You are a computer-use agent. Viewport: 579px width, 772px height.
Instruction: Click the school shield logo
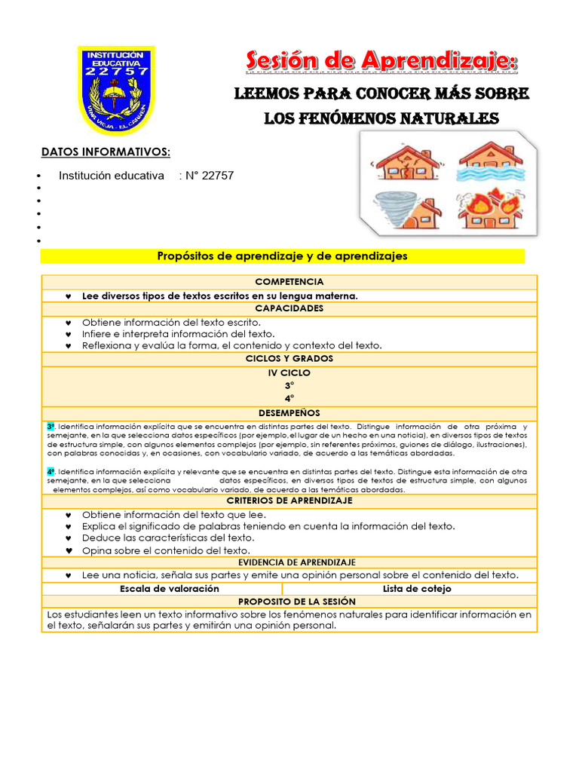(x=117, y=90)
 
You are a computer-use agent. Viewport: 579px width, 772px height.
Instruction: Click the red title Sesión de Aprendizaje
(x=381, y=61)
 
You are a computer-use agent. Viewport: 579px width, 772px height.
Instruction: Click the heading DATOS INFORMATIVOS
(x=106, y=153)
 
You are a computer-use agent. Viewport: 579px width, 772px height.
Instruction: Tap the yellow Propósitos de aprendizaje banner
(x=282, y=256)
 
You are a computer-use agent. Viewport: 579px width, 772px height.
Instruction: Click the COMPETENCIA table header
(x=289, y=281)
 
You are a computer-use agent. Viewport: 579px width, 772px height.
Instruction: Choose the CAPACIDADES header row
(x=289, y=308)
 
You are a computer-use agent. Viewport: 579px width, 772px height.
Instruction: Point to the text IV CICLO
(x=289, y=372)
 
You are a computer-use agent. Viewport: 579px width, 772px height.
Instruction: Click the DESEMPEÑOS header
(x=289, y=413)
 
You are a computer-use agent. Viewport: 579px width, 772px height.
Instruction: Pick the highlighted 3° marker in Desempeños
(x=51, y=427)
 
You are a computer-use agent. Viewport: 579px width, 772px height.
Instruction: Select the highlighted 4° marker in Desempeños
(x=51, y=470)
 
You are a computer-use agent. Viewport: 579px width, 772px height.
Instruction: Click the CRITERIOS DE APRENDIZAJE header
(x=289, y=501)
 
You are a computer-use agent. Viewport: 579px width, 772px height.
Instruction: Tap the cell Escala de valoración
(x=162, y=589)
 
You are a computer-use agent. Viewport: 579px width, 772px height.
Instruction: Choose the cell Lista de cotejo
(x=417, y=589)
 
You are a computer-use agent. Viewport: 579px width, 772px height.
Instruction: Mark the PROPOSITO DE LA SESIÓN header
(x=289, y=602)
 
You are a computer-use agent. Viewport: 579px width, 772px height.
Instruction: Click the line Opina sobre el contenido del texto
(x=166, y=550)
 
